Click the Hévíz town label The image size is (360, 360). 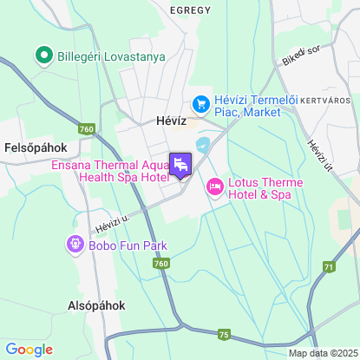pyautogui.click(x=172, y=122)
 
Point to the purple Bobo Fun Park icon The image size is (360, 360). pyautogui.click(x=73, y=245)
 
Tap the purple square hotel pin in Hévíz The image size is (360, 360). pyautogui.click(x=181, y=164)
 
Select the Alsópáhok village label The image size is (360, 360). pyautogui.click(x=96, y=305)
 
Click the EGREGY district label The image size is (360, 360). pyautogui.click(x=191, y=10)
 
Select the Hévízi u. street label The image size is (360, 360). pyautogui.click(x=112, y=224)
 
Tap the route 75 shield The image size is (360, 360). pyautogui.click(x=225, y=334)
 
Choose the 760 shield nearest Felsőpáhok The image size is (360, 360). pyautogui.click(x=86, y=129)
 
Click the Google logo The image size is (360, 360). pyautogui.click(x=29, y=350)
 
